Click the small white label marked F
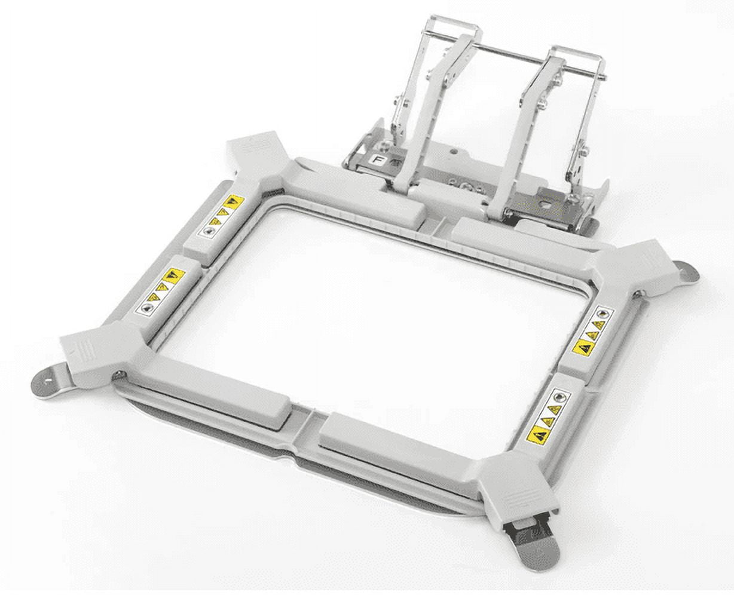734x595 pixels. (378, 160)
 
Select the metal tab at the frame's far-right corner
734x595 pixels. (687, 271)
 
